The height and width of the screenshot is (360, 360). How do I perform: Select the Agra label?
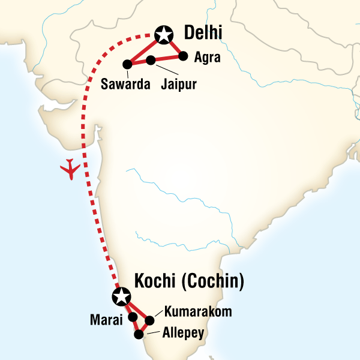(208, 58)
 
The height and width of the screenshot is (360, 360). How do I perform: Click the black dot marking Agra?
(182, 56)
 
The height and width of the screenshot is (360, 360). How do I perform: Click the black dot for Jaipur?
(151, 59)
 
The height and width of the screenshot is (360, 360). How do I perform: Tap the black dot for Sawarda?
(127, 64)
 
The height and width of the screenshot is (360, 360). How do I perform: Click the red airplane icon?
(71, 169)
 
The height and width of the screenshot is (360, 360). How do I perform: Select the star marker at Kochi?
(121, 296)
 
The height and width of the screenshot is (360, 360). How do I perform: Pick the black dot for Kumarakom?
(150, 320)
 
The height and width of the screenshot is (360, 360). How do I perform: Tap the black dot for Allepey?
(139, 334)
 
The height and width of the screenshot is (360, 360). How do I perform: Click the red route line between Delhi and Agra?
(173, 46)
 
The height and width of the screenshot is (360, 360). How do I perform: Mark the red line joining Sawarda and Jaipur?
(139, 62)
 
